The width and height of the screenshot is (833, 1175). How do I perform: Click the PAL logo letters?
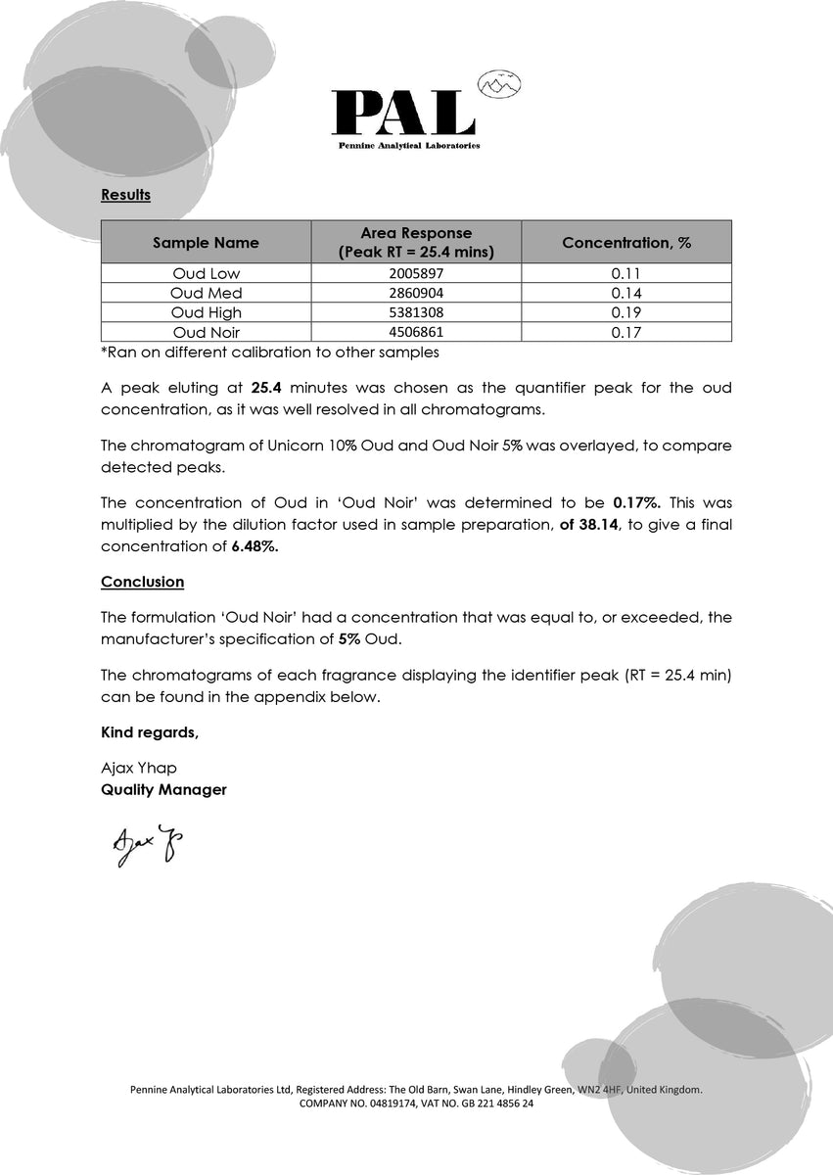pos(402,113)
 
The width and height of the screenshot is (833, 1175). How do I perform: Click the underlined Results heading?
pos(125,195)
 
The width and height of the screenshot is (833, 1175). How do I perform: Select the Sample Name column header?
pos(206,243)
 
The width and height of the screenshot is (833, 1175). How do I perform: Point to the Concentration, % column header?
pos(626,243)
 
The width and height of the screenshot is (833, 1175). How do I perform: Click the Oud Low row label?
pos(206,274)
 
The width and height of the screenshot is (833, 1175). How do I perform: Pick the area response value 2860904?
pos(416,294)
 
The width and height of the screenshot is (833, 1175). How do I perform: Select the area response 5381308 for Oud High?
pos(416,313)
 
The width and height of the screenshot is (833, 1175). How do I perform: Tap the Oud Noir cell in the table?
pos(206,333)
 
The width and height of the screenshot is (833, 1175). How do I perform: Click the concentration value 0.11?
pos(625,274)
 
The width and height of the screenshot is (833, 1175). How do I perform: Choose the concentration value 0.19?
pos(625,313)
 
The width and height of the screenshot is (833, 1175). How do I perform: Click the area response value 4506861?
pos(416,333)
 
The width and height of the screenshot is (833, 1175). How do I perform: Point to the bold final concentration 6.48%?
pos(255,547)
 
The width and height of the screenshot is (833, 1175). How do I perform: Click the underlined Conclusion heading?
pos(142,583)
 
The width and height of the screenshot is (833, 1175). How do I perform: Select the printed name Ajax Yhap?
pos(139,769)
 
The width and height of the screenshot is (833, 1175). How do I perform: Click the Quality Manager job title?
pos(163,790)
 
